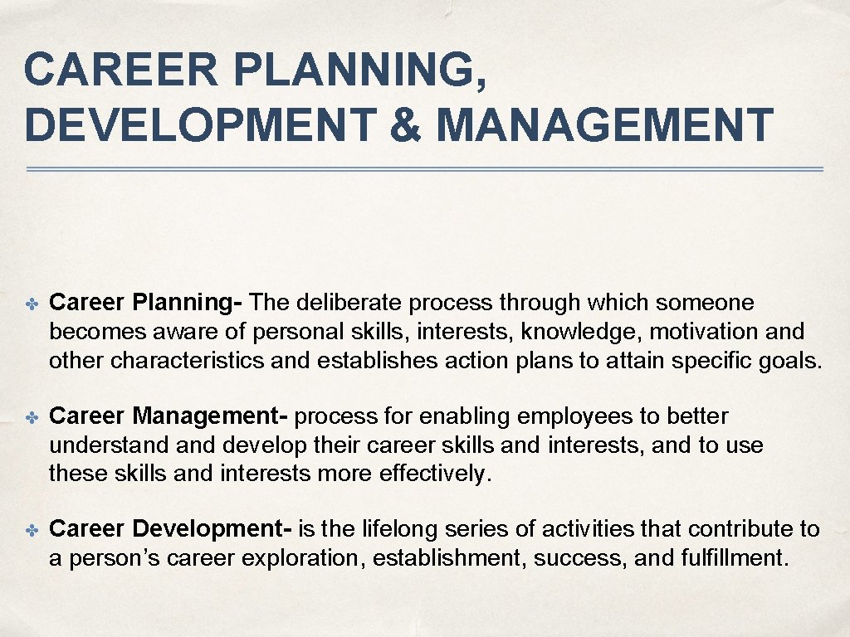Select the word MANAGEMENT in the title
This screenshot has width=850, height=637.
(604, 124)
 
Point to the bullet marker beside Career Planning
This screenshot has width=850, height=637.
(32, 304)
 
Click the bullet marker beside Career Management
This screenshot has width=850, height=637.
(32, 417)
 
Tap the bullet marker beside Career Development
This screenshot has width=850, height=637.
(32, 530)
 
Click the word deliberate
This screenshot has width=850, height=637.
(349, 303)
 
